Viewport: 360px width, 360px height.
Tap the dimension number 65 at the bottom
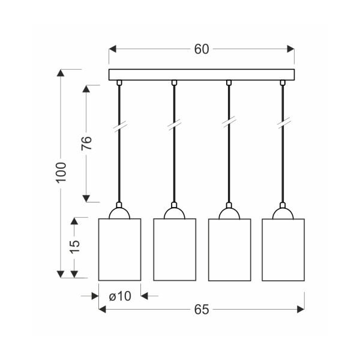pos(202,310)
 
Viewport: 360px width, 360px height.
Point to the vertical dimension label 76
pos(87,143)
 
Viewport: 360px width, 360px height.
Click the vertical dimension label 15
pos(74,247)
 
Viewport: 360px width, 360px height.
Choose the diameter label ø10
pos(119,295)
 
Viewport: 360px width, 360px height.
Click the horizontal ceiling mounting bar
pos(202,75)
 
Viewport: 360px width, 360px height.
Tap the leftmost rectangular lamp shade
pos(119,249)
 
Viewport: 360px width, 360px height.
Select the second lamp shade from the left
pos(175,249)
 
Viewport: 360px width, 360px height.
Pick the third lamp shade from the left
pos(229,250)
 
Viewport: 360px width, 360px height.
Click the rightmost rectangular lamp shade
pos(283,250)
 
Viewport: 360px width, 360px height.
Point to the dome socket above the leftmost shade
pos(119,213)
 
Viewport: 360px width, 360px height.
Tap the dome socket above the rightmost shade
pos(283,213)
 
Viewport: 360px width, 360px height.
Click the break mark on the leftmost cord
pos(119,127)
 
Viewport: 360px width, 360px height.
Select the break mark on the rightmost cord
pos(283,125)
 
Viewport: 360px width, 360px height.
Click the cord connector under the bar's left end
pos(119,83)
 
